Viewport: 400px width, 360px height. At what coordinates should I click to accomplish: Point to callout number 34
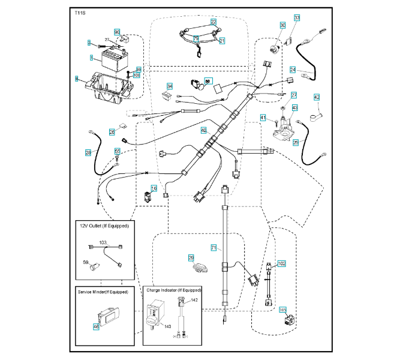click(170, 86)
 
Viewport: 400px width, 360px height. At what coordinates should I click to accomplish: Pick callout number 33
click(297, 18)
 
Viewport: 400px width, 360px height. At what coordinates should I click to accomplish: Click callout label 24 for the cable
click(293, 69)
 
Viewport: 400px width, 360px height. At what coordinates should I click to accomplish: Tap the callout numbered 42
click(317, 97)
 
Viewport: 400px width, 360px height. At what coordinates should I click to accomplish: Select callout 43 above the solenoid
click(294, 108)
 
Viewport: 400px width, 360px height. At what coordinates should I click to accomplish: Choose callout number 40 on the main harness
click(203, 130)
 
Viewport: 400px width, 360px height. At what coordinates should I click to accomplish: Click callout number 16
click(154, 188)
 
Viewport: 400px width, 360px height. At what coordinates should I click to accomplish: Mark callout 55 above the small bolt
click(118, 151)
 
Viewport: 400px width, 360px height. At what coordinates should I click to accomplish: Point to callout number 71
click(213, 247)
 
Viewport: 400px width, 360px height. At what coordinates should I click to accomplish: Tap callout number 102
click(282, 263)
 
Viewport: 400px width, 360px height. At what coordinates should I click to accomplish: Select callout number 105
click(283, 310)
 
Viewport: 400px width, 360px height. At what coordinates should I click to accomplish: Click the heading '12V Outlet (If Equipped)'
click(105, 226)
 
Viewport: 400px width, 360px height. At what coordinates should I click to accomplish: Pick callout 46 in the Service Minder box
click(95, 327)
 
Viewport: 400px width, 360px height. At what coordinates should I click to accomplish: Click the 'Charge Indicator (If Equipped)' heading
click(172, 290)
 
